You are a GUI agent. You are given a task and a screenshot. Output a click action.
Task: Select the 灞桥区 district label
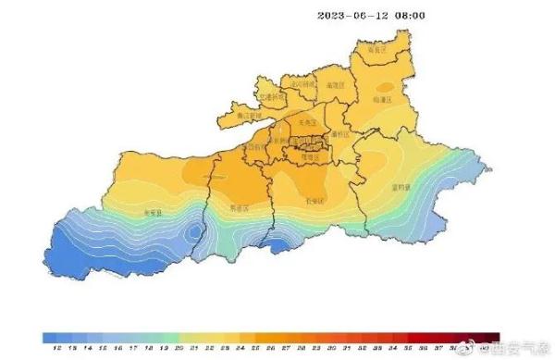[x=339, y=134]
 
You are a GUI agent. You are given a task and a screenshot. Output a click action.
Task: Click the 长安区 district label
[x=314, y=200]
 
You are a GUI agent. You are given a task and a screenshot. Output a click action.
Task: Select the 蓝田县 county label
[x=401, y=185]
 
